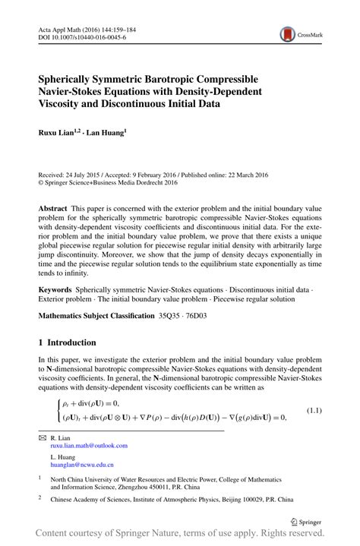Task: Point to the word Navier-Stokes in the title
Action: (74, 91)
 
